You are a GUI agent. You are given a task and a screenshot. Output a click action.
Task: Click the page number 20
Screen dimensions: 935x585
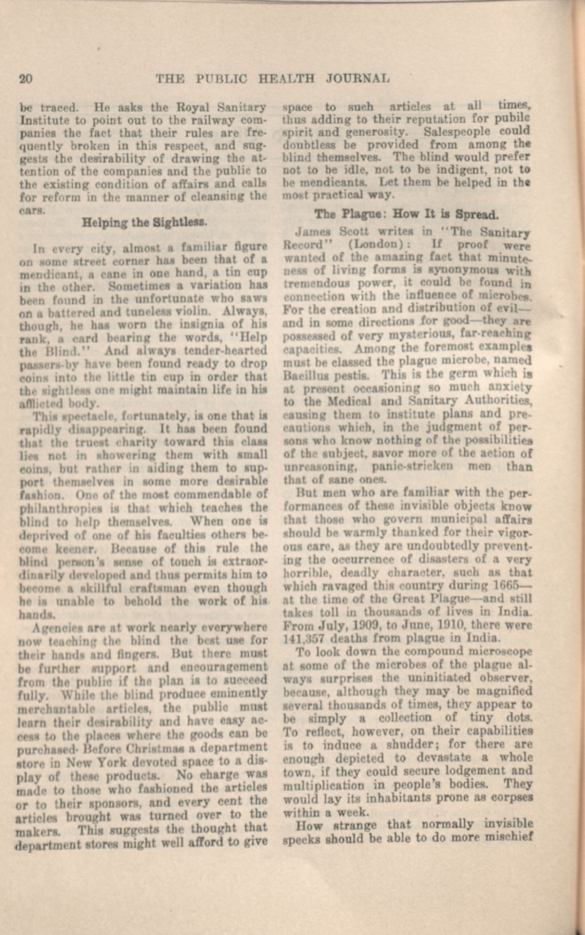pos(26,79)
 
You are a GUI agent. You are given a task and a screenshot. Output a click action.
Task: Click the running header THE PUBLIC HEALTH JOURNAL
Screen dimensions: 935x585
pos(272,79)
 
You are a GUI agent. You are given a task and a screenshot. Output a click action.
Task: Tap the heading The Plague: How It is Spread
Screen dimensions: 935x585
pos(406,214)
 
